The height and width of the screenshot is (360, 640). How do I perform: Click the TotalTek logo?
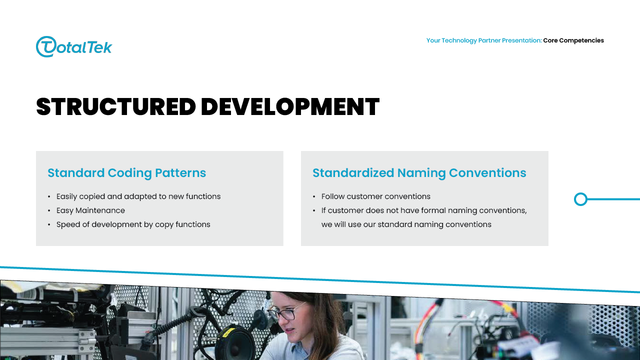[x=74, y=46]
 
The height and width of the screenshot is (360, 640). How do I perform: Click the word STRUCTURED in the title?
[x=116, y=106]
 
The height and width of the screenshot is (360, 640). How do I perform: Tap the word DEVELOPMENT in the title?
[x=290, y=106]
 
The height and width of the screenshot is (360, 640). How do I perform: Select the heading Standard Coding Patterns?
[x=126, y=173]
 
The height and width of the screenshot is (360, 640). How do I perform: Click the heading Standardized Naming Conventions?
[x=419, y=173]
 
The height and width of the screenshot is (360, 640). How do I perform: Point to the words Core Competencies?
[x=573, y=40]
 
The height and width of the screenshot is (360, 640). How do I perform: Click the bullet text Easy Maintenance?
[x=90, y=210]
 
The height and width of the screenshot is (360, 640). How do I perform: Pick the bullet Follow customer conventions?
[x=375, y=196]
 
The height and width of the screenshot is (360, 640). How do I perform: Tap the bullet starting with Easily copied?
[x=138, y=196]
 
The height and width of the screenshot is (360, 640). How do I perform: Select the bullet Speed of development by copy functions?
[x=133, y=224]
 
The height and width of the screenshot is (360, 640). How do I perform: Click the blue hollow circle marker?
[x=580, y=199]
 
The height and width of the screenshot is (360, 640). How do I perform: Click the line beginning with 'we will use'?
[x=406, y=224]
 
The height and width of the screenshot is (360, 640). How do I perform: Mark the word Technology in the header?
[x=459, y=40]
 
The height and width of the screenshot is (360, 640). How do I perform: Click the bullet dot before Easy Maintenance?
[x=49, y=211]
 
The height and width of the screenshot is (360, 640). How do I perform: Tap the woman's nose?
[x=286, y=321]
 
